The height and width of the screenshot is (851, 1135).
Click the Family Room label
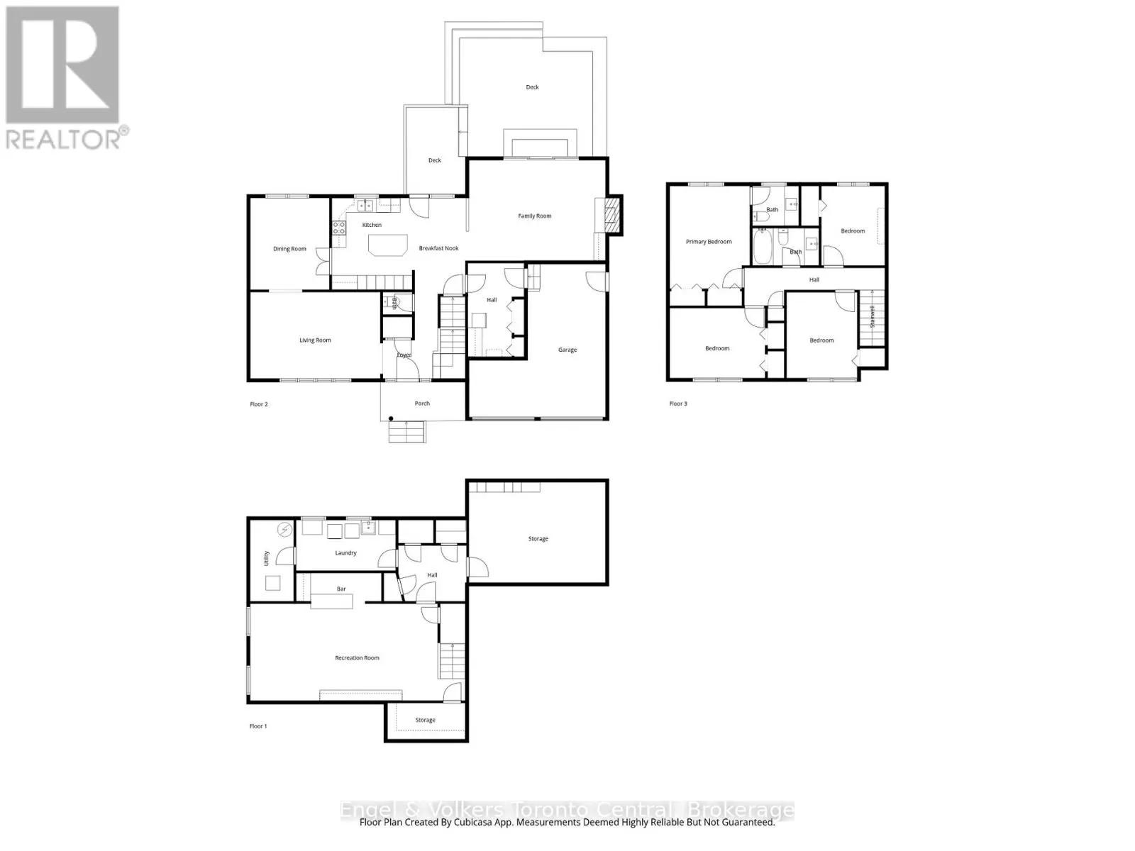click(x=534, y=216)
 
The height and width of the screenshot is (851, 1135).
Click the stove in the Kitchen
click(x=339, y=228)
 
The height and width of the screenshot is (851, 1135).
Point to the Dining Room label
click(x=289, y=249)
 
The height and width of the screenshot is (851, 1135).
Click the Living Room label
click(x=315, y=340)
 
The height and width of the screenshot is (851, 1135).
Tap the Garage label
click(x=567, y=350)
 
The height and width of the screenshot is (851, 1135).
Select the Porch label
click(x=422, y=404)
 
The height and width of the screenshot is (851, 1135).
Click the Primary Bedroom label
click(x=709, y=242)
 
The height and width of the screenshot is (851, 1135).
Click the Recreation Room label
click(x=357, y=658)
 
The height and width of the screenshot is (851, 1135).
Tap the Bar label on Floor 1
click(x=341, y=589)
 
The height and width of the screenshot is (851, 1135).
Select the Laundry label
click(x=345, y=553)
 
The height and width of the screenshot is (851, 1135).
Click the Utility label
click(x=267, y=558)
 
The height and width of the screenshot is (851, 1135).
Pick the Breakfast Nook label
click(x=438, y=248)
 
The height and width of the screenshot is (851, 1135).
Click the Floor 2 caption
click(x=259, y=404)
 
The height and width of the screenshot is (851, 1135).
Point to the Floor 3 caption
click(x=678, y=404)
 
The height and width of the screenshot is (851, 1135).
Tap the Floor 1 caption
click(x=258, y=726)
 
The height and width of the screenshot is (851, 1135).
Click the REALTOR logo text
click(x=64, y=138)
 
